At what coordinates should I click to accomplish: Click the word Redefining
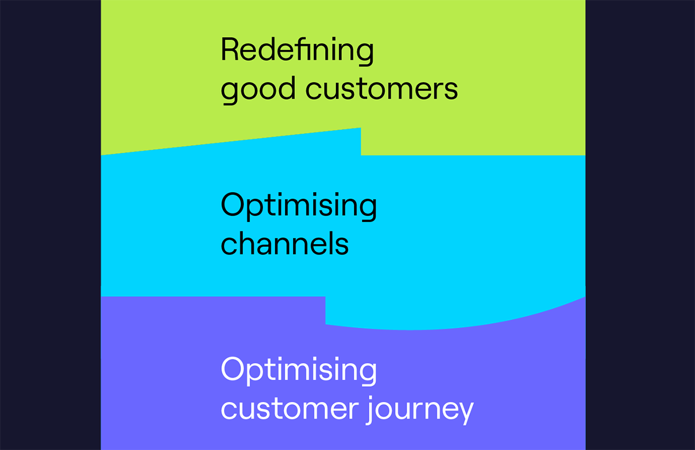(297, 51)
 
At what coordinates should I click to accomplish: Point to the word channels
(285, 244)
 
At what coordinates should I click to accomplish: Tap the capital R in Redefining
(230, 50)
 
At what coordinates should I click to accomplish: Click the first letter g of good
(231, 92)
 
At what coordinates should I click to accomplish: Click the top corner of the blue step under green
(361, 128)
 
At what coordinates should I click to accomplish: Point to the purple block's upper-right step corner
(325, 297)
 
